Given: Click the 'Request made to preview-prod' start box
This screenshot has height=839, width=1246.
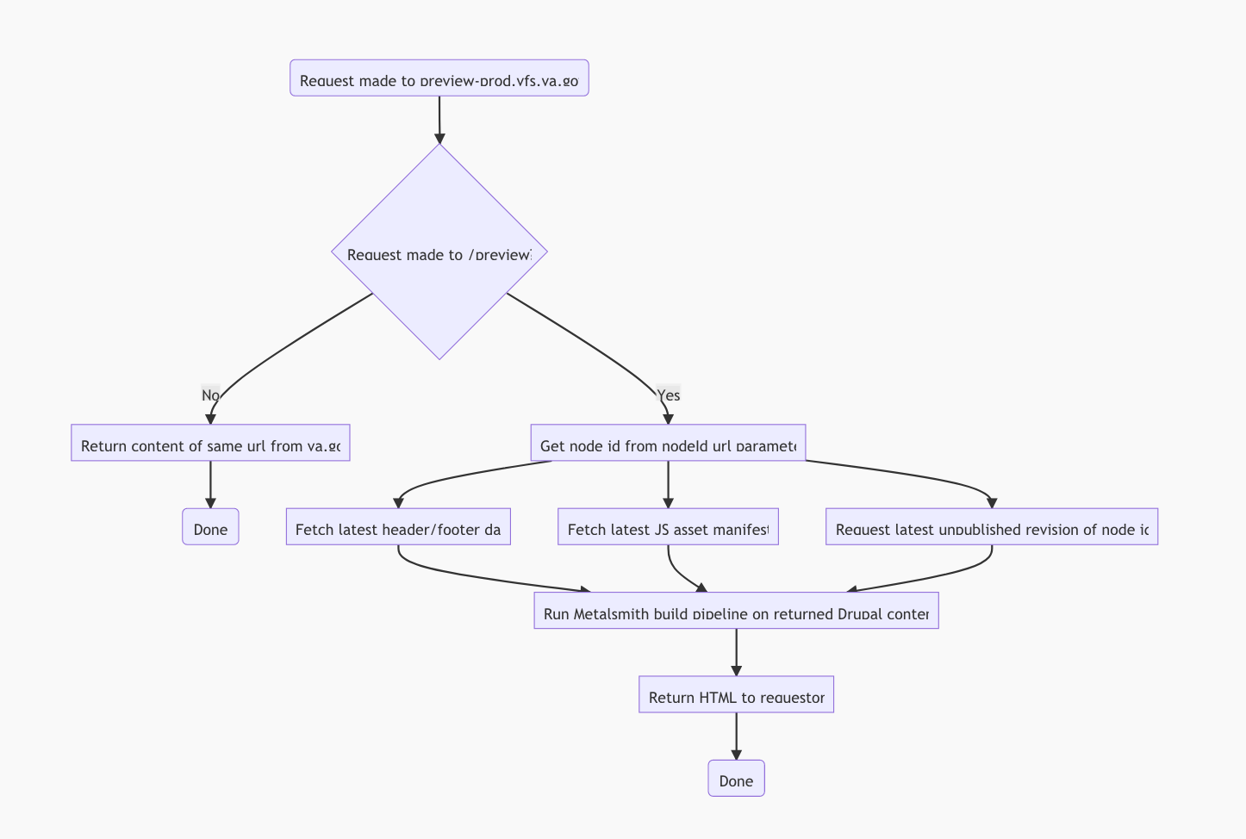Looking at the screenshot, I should pyautogui.click(x=439, y=78).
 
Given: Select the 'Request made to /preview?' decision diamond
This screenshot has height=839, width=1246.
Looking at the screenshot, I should pyautogui.click(x=439, y=252).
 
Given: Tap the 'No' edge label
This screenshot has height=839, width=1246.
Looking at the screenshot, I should pyautogui.click(x=210, y=395).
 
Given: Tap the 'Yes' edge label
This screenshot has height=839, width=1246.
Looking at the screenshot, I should pyautogui.click(x=668, y=395).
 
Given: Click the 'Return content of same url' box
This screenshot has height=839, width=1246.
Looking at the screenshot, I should pyautogui.click(x=210, y=443).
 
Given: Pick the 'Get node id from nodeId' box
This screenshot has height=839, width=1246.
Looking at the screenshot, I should pyautogui.click(x=668, y=443).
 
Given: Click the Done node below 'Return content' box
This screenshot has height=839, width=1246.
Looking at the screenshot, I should pyautogui.click(x=210, y=527).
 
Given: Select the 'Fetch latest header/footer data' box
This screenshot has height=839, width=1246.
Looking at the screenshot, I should pyautogui.click(x=398, y=527).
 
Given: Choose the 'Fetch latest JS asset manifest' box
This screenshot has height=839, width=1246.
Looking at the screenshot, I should pyautogui.click(x=668, y=527).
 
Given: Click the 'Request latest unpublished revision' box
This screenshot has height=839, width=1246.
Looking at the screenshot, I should pyautogui.click(x=992, y=527).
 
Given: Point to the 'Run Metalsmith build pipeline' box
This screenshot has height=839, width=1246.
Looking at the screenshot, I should pyautogui.click(x=736, y=611).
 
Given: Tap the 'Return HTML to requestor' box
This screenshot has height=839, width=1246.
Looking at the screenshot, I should pyautogui.click(x=736, y=694).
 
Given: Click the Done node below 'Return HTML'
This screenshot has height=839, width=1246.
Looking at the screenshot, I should pyautogui.click(x=736, y=779).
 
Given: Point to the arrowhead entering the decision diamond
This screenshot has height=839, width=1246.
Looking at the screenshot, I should pyautogui.click(x=439, y=138).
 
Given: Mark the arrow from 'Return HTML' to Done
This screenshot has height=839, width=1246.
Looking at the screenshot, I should pyautogui.click(x=736, y=736).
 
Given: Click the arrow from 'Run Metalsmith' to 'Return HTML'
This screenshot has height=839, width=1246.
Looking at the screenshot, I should pyautogui.click(x=736, y=652).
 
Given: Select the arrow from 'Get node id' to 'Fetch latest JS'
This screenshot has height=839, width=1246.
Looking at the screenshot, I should pyautogui.click(x=668, y=484).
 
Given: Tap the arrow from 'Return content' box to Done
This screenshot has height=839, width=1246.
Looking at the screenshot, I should pyautogui.click(x=210, y=484).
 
